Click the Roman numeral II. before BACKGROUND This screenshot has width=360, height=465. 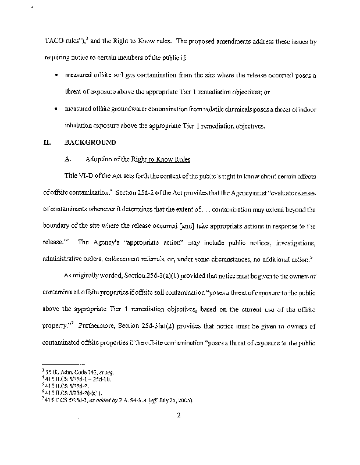[48, 142]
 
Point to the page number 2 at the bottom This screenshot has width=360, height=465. [180, 415]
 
